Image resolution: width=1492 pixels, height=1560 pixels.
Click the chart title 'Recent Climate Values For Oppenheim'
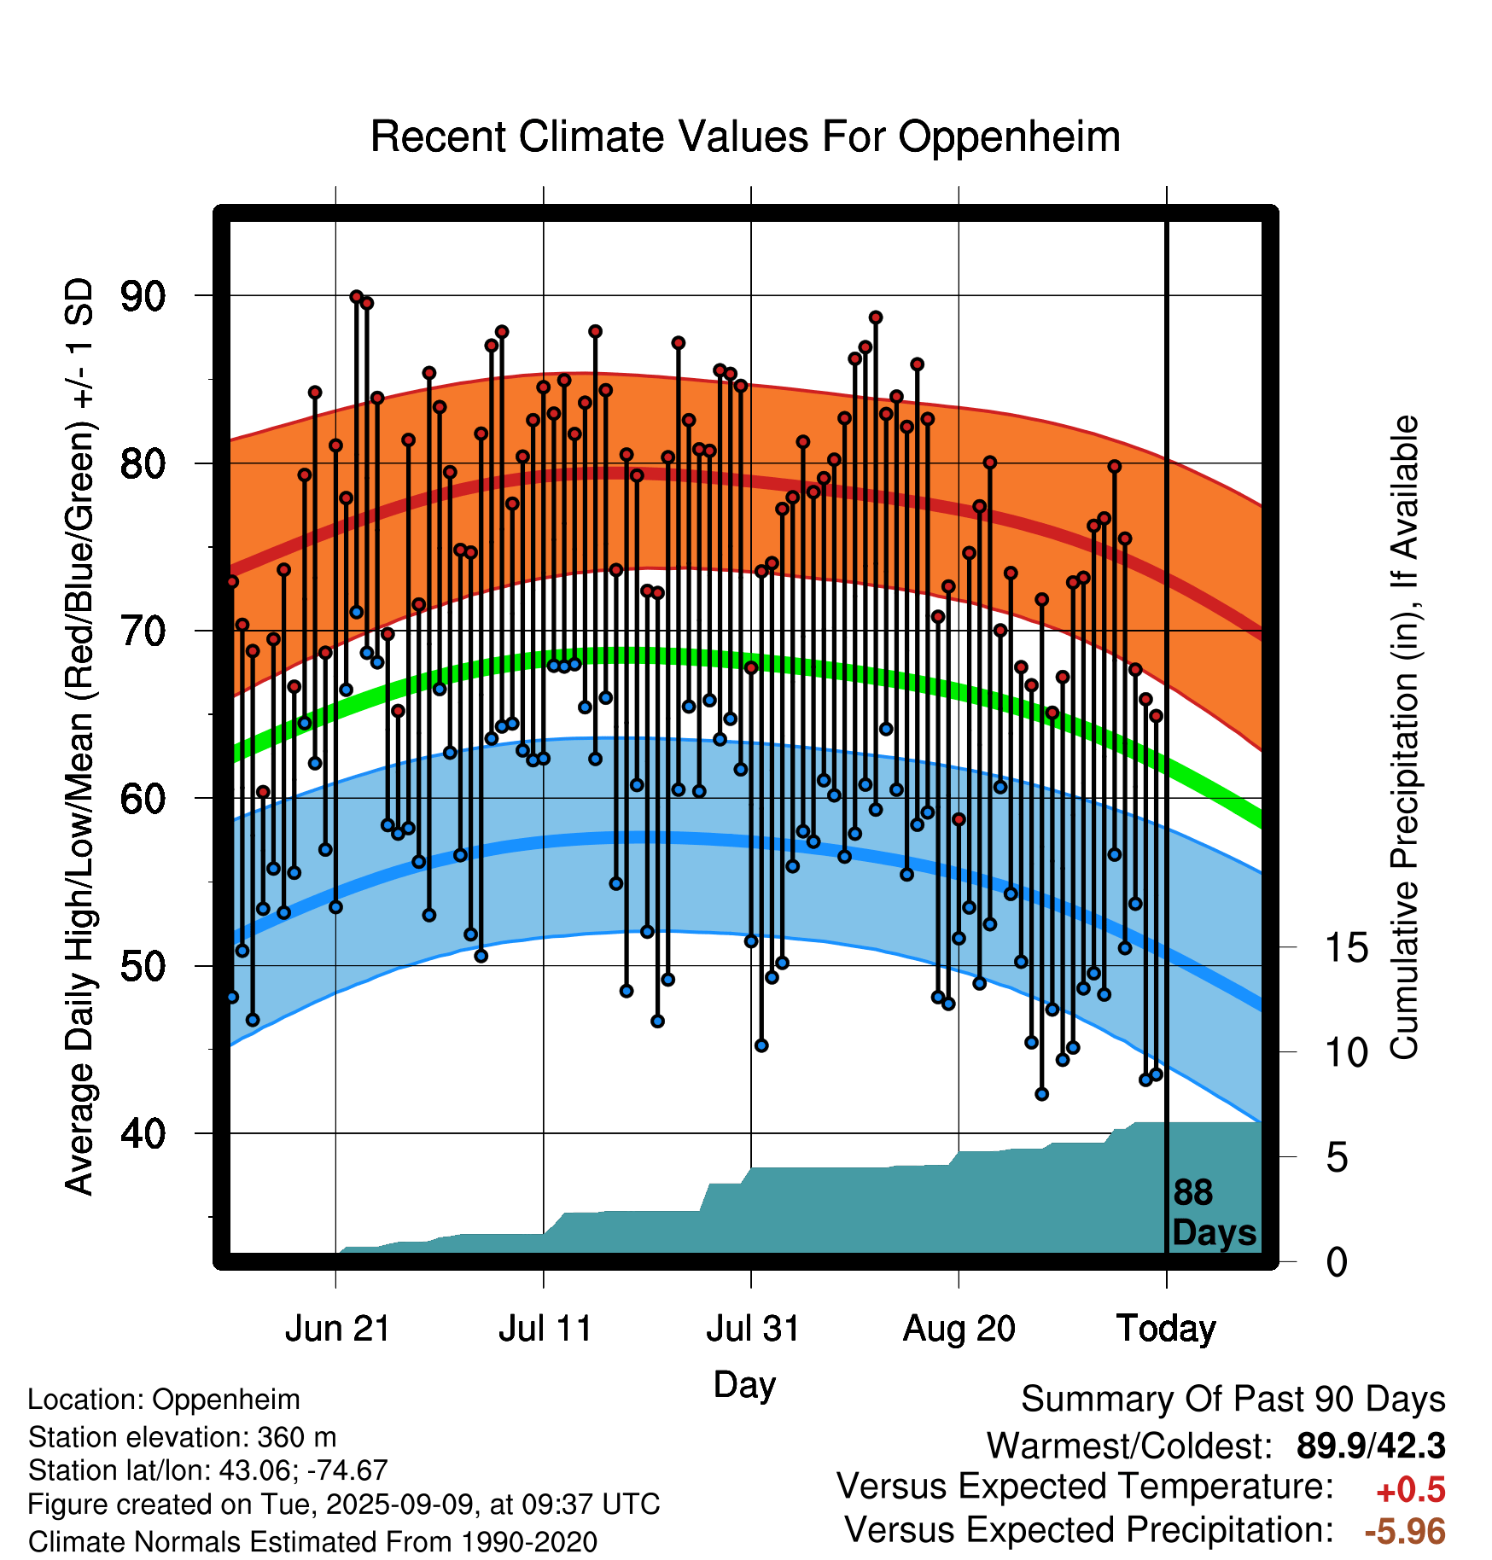(745, 137)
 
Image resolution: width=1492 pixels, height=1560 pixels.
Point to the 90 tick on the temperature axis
(143, 296)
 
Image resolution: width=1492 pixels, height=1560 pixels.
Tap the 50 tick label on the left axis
(143, 966)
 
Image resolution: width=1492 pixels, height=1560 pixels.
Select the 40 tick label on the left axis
(143, 1133)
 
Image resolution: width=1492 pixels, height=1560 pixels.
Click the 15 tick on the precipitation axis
(1346, 947)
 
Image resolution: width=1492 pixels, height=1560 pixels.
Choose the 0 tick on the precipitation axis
(1337, 1261)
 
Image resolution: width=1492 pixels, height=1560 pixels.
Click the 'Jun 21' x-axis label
(337, 1329)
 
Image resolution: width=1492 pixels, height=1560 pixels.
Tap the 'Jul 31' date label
(753, 1329)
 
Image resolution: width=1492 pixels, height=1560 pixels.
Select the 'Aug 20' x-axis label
(959, 1329)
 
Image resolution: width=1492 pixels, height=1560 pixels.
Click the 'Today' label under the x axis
(1167, 1329)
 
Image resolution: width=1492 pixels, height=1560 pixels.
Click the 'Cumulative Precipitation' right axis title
(1404, 738)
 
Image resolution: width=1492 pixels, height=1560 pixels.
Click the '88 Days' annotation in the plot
(1214, 1213)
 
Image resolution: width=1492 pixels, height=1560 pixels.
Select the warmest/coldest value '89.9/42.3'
(1371, 1446)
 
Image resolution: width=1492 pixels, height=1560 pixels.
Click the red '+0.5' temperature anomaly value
(1411, 1490)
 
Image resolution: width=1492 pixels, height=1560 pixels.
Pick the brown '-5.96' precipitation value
(1405, 1531)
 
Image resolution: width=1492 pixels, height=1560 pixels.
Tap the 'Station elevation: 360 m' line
(182, 1438)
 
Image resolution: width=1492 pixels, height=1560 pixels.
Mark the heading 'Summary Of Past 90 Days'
(1233, 1400)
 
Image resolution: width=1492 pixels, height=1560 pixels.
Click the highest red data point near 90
(356, 296)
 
